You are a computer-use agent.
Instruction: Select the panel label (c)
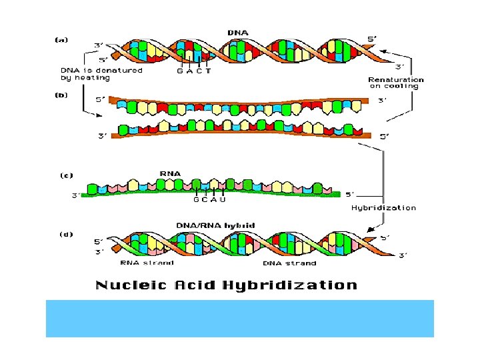point(66,176)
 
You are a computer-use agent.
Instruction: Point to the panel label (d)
point(65,234)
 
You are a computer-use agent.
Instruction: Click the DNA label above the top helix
point(238,32)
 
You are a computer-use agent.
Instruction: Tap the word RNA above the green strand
point(170,173)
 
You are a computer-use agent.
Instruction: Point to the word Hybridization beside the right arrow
point(383,208)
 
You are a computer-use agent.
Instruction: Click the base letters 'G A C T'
point(193,71)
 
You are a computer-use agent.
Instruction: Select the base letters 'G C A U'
point(209,200)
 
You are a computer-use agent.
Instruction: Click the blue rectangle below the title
point(239,318)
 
